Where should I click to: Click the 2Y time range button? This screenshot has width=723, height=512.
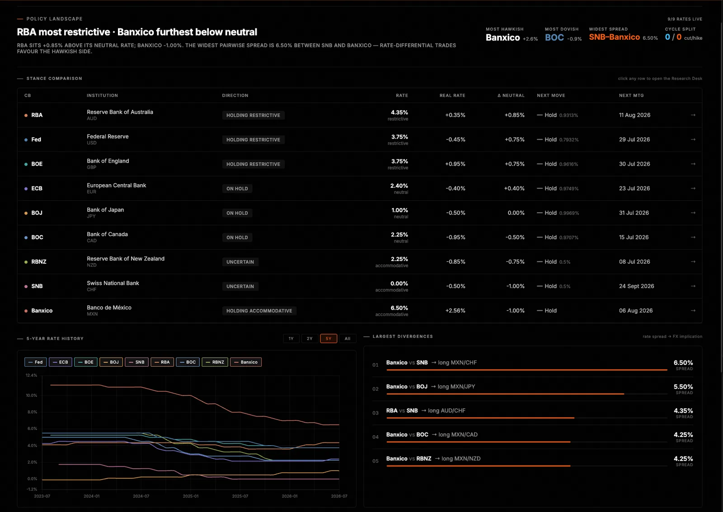point(310,339)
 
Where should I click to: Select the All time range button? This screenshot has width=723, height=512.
point(347,339)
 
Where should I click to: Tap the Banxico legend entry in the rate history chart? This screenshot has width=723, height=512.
point(246,362)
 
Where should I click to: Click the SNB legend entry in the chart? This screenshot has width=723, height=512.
point(136,362)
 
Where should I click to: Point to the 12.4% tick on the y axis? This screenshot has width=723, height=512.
point(31,375)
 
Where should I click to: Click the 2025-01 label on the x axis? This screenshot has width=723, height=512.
point(191,496)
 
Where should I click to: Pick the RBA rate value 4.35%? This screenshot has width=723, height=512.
point(399,112)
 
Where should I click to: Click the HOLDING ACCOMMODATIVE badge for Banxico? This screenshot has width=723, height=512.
point(259,311)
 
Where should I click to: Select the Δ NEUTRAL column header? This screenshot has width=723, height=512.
point(511,95)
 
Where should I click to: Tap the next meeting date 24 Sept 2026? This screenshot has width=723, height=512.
point(637,286)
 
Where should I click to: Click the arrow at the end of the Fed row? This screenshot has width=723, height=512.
point(693,139)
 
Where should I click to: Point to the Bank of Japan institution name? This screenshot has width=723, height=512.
point(105,209)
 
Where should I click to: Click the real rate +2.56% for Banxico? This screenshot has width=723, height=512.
point(455,311)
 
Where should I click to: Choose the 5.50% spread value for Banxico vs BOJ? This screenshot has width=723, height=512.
point(683,386)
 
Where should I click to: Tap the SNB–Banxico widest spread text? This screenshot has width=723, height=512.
point(614,37)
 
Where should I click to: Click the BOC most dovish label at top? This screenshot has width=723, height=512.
point(554,37)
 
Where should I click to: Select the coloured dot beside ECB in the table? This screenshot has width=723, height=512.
point(26,189)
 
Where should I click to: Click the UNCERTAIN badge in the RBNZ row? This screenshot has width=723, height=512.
point(240,262)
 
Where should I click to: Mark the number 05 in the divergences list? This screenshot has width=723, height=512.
point(376,461)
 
